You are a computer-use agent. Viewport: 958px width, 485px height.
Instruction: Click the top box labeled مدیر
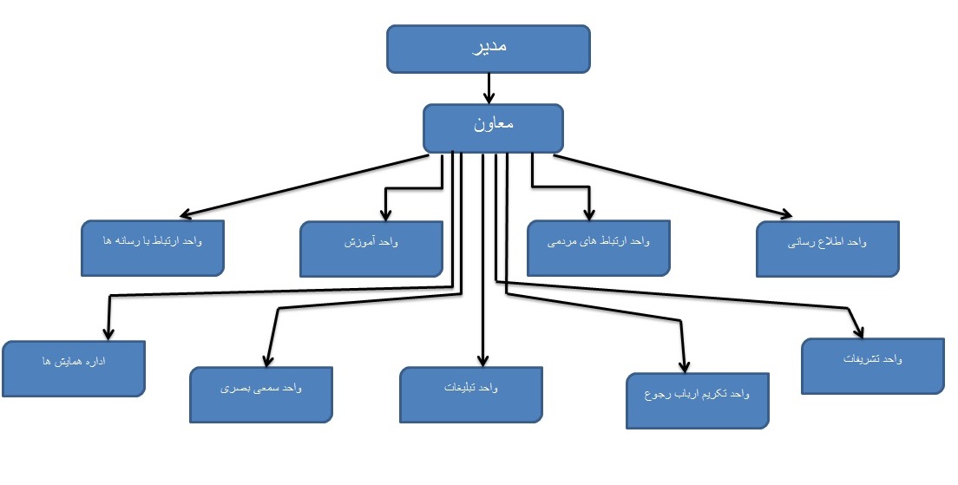tap(489, 49)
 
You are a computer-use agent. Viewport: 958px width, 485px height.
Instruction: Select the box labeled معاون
tap(493, 128)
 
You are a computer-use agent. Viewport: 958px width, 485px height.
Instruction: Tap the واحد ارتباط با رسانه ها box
tap(154, 247)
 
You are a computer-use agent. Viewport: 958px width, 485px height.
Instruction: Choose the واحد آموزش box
tap(371, 249)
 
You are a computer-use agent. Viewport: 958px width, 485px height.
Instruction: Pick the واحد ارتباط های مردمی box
tap(600, 248)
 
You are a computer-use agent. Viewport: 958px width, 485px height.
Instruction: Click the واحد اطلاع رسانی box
tap(826, 250)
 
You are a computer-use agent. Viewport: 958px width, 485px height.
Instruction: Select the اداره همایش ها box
tap(73, 368)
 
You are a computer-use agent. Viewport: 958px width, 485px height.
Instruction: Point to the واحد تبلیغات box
tap(471, 395)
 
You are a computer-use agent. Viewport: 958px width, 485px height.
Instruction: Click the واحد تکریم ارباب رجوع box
tap(698, 400)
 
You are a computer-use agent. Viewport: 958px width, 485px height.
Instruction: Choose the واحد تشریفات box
tap(871, 364)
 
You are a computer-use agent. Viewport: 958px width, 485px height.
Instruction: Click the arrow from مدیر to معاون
tap(489, 88)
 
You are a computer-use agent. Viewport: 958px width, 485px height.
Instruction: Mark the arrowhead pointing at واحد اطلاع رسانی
tap(786, 215)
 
